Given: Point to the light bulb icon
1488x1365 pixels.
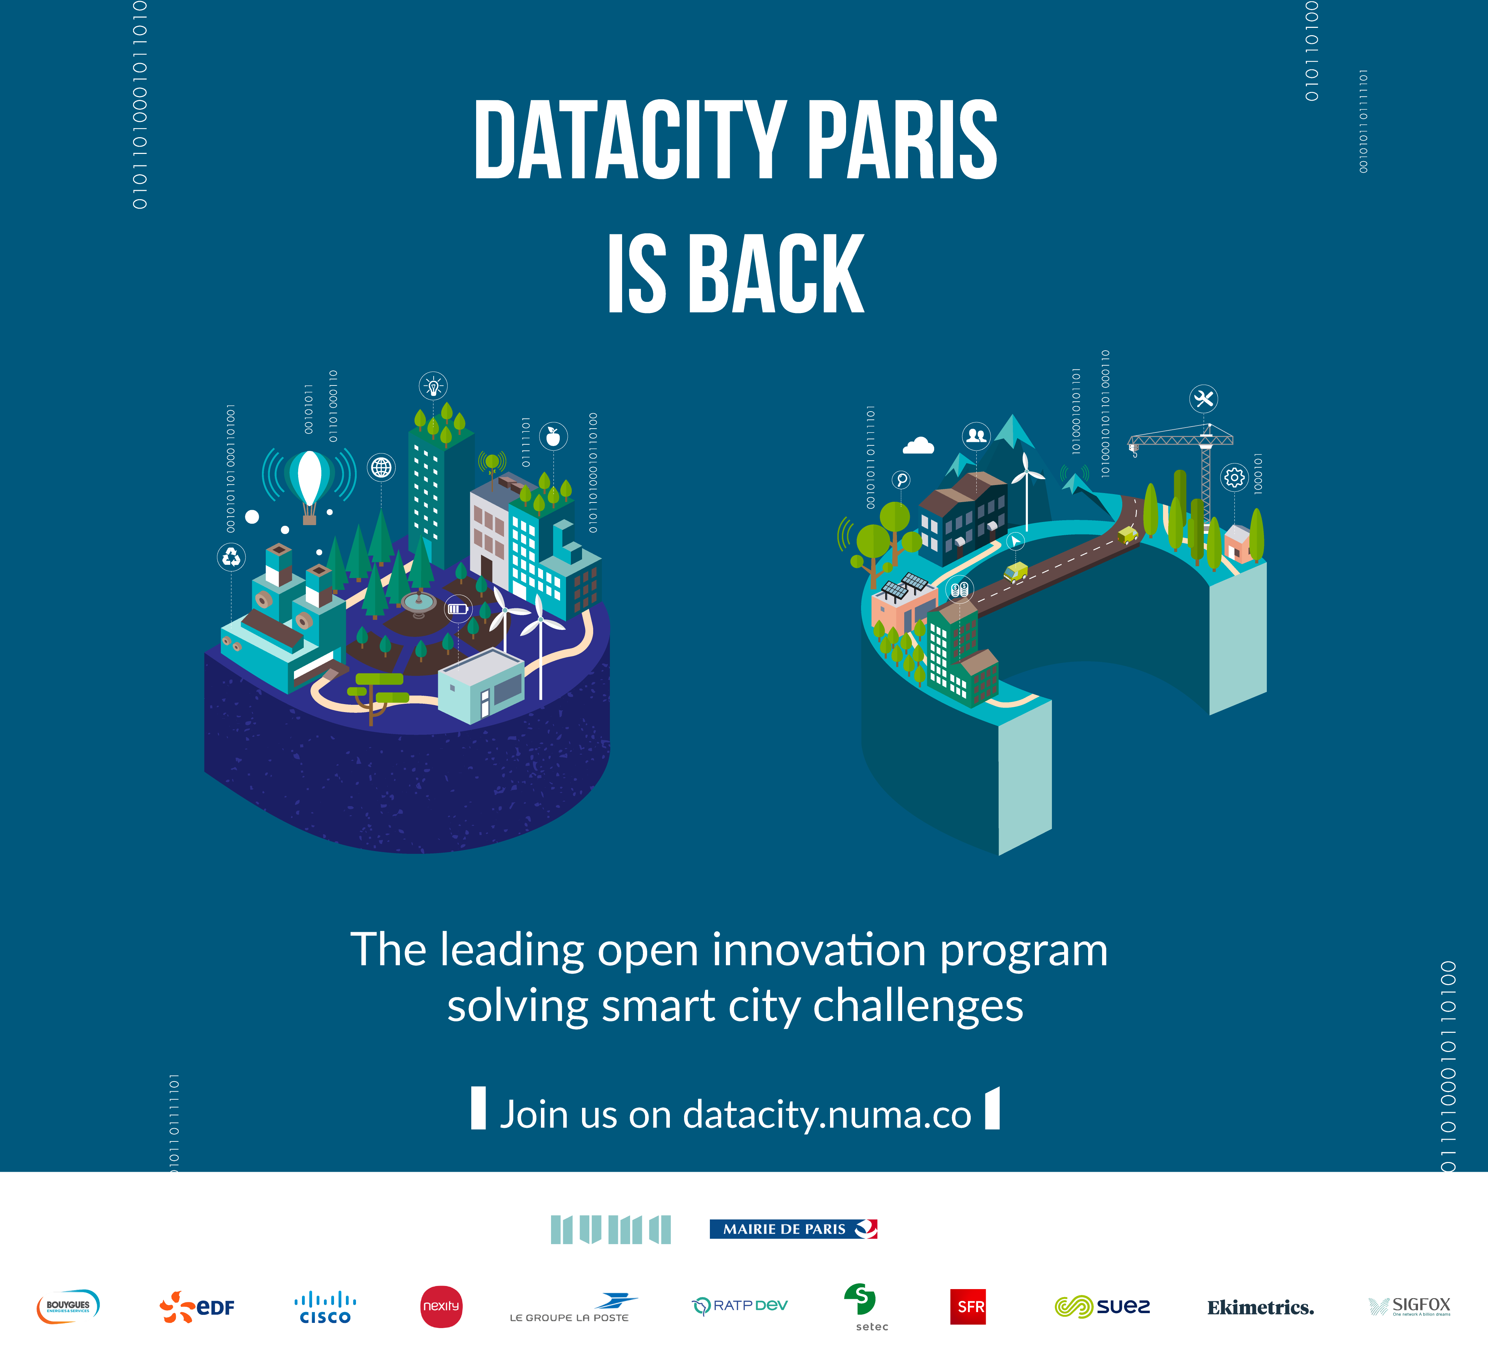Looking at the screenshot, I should (433, 385).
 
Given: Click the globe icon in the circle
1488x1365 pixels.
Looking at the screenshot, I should (381, 468).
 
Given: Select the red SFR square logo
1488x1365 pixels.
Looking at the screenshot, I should (967, 1306).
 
